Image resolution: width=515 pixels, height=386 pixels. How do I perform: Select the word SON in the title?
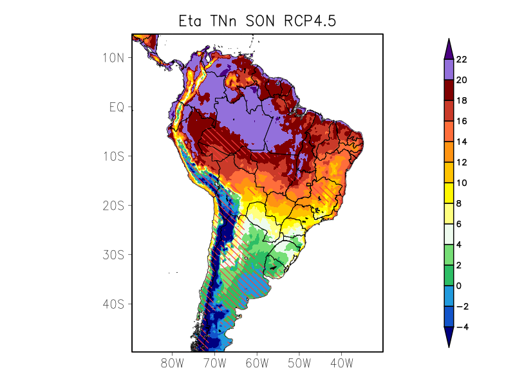tap(260, 21)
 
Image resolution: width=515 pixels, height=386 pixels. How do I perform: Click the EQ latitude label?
tap(116, 107)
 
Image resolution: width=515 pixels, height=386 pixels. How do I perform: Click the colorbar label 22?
tap(461, 60)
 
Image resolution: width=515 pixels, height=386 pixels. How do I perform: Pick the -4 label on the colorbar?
tap(461, 327)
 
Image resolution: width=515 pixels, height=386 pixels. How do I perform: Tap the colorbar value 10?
tap(461, 183)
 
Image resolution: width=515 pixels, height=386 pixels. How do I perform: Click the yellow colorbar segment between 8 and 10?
tap(449, 193)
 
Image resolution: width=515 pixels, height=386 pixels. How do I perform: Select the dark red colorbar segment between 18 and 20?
tap(449, 90)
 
